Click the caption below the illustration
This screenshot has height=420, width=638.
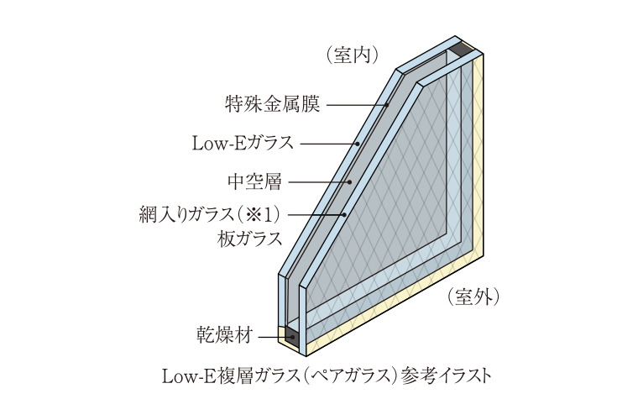(327, 374)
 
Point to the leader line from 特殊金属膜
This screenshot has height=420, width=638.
(356, 105)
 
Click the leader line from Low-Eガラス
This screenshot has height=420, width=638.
(329, 144)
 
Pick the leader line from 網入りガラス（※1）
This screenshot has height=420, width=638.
(317, 214)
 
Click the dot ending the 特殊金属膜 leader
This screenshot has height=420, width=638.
(387, 105)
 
